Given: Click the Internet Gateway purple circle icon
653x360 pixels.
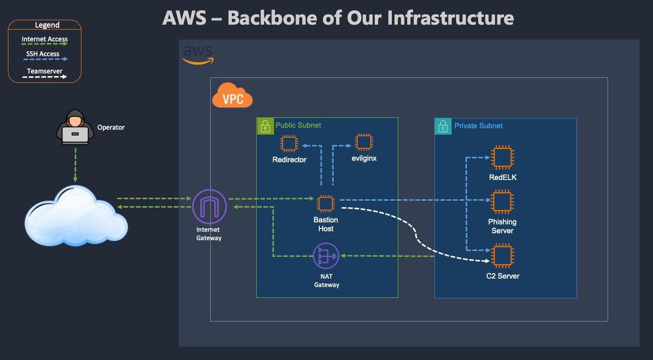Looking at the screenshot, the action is [210, 207].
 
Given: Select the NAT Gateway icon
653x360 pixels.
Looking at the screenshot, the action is [326, 256].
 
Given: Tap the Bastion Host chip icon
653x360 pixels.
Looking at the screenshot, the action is [325, 203].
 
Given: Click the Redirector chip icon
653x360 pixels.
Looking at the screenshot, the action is [289, 144].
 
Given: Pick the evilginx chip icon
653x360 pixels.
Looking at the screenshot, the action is [364, 142].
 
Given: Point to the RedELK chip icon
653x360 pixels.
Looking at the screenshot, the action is [502, 157].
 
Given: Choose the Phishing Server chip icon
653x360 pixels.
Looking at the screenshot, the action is [502, 202].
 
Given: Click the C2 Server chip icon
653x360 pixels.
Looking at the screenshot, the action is [502, 256].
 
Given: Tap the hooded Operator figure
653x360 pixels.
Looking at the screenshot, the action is [75, 127].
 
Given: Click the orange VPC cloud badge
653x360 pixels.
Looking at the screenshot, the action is [232, 96].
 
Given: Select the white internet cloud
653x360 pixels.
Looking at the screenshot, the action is [76, 215].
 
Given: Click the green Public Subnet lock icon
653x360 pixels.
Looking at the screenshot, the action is [266, 126].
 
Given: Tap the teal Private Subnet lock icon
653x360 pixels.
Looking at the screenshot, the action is [443, 126].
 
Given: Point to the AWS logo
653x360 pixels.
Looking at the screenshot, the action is [198, 55].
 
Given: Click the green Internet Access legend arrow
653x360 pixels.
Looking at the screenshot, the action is [45, 44].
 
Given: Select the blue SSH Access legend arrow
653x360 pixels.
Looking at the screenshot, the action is [46, 59].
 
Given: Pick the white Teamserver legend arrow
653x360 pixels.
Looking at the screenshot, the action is [45, 77].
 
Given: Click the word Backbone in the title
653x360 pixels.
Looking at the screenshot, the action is [272, 18].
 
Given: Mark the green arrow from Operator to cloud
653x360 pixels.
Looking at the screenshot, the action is [75, 165].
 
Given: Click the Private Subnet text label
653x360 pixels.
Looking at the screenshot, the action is [478, 126].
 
